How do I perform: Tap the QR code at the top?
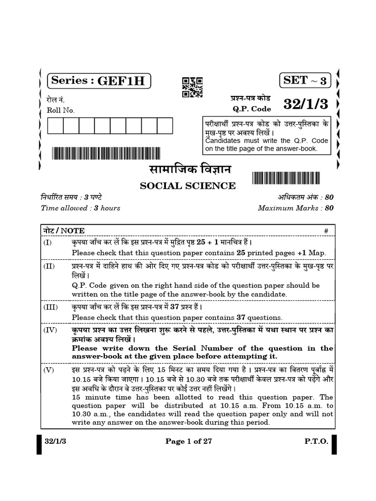pos(192,87)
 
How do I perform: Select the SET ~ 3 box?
pos(305,80)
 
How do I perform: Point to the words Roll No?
pos(61,110)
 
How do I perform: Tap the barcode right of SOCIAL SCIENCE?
pos(293,178)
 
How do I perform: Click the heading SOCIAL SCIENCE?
pos(188,185)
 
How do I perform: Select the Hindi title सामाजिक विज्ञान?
pos(188,171)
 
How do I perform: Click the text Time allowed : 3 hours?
pos(81,207)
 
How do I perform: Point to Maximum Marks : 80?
pos(296,207)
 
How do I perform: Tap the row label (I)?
pos(47,242)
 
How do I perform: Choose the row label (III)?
pos(49,307)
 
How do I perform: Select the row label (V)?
pos(48,369)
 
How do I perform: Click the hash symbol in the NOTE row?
pos(326,230)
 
